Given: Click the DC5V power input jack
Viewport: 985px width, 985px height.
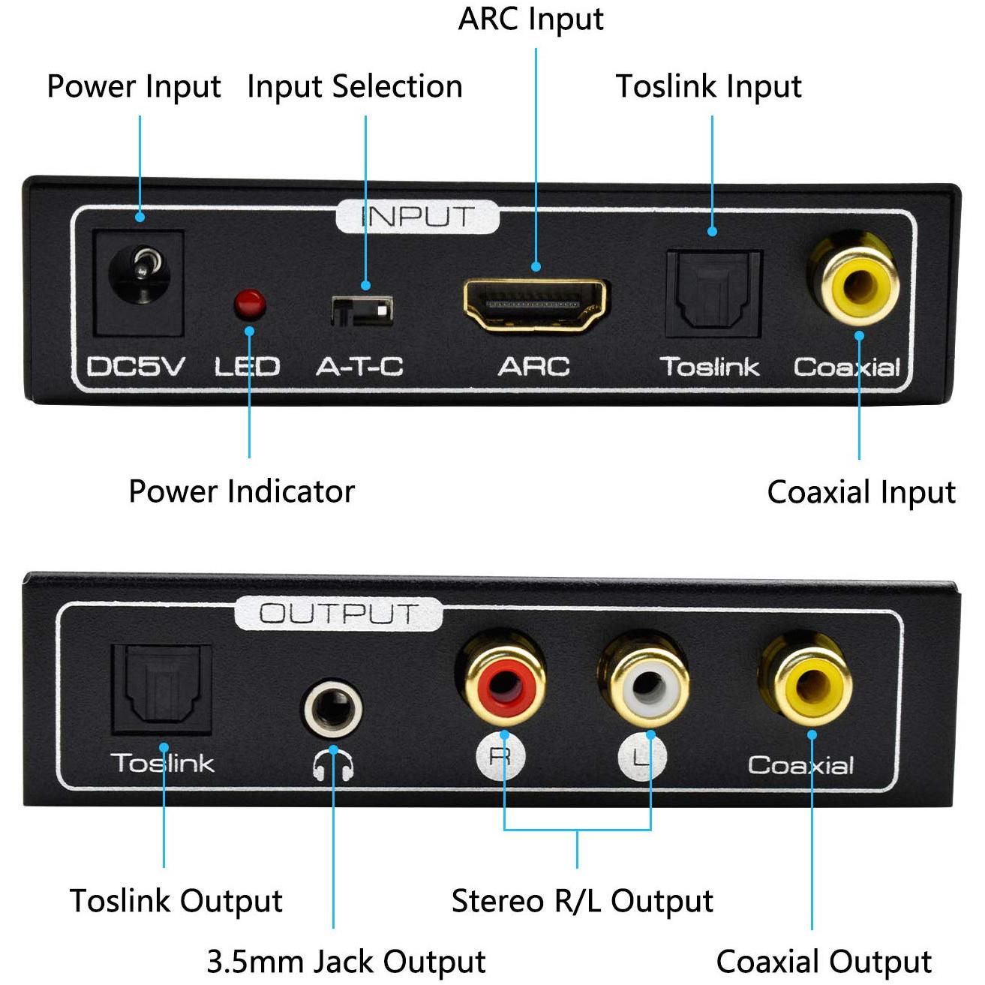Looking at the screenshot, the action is (138, 283).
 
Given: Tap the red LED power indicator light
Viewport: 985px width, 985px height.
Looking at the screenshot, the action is (250, 304).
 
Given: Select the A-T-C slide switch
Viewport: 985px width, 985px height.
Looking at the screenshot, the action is (362, 311).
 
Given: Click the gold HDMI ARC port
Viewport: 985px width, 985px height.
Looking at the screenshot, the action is (535, 305).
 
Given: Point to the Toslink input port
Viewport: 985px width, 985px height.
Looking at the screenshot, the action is (714, 294).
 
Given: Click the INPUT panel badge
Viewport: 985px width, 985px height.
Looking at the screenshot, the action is (417, 217).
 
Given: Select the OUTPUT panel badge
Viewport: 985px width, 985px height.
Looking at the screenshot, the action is (338, 614).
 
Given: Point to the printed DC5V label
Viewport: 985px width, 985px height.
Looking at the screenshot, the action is (135, 367).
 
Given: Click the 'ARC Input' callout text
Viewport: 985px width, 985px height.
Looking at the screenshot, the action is (530, 20).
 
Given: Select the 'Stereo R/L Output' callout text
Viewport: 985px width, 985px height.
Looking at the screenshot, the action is (582, 902).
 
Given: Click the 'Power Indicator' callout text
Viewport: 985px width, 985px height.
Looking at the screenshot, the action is (242, 491).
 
